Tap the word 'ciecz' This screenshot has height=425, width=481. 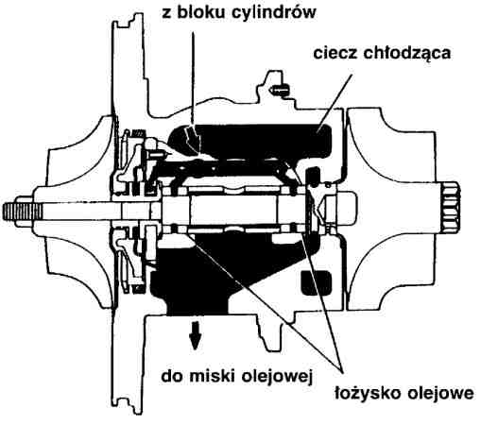point(335,53)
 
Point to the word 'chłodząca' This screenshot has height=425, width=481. point(407,54)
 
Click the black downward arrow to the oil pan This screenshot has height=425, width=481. point(195,334)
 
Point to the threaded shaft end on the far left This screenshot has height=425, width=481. point(22,208)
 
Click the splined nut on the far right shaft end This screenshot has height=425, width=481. point(451,208)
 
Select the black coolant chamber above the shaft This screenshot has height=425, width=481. point(252,141)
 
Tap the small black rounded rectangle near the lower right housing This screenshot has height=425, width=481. point(317,282)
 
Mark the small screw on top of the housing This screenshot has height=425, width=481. point(279,90)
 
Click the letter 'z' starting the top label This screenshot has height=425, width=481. point(167,14)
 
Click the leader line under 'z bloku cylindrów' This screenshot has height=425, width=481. point(193,78)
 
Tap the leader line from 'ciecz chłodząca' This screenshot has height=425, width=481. point(335,100)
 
